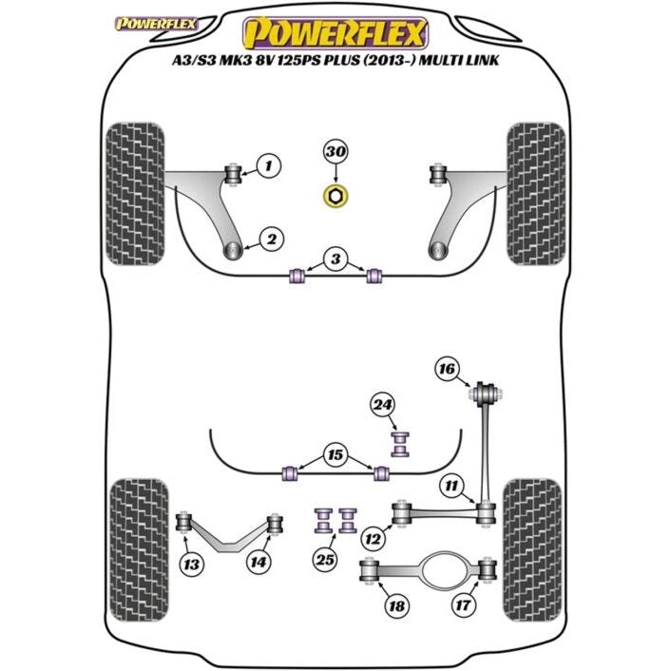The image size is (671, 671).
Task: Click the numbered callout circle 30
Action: pyautogui.click(x=335, y=152)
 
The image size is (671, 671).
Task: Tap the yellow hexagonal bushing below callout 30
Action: pyautogui.click(x=335, y=197)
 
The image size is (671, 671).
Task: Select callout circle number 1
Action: pyautogui.click(x=269, y=165)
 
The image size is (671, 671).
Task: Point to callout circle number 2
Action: pyautogui.click(x=272, y=240)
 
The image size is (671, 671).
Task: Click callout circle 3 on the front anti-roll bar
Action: pyautogui.click(x=335, y=259)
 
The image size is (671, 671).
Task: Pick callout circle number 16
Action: pyautogui.click(x=447, y=369)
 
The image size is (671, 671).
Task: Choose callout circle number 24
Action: pyautogui.click(x=383, y=405)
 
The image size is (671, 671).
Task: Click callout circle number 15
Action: pyautogui.click(x=335, y=455)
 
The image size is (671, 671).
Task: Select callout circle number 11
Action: pyautogui.click(x=451, y=486)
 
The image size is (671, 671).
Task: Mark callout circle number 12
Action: pyautogui.click(x=373, y=539)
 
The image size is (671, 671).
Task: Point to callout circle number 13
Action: pyautogui.click(x=191, y=564)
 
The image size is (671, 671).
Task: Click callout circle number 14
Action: pyautogui.click(x=259, y=562)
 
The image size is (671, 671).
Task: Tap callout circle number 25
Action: pyautogui.click(x=325, y=559)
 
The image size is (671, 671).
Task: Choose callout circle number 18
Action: pyautogui.click(x=396, y=606)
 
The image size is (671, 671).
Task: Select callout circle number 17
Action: pyautogui.click(x=464, y=604)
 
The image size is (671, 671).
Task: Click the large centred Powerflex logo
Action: pyautogui.click(x=335, y=33)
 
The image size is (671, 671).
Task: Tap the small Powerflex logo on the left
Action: pyautogui.click(x=156, y=24)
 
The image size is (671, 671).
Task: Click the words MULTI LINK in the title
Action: pyautogui.click(x=459, y=60)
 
